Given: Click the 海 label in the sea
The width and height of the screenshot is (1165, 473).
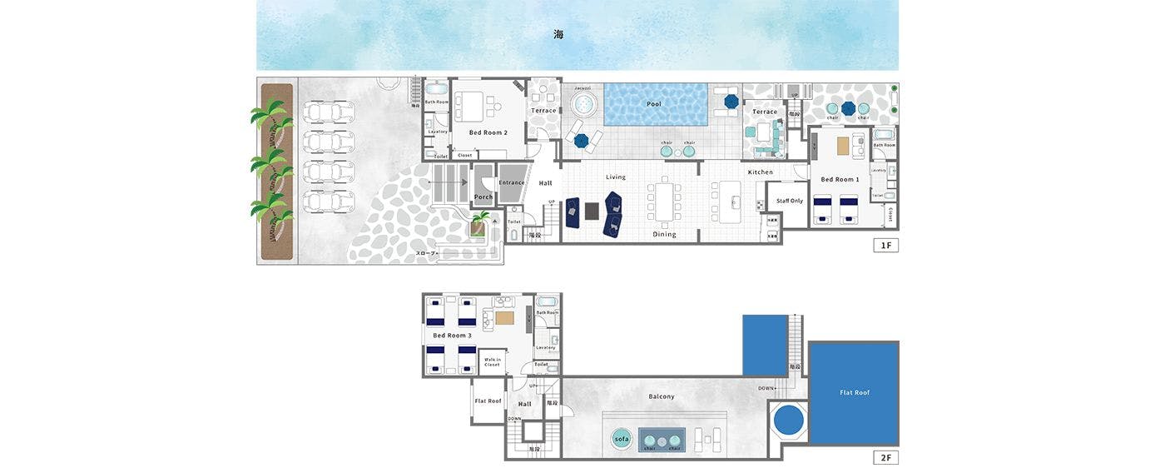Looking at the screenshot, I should pos(558,34).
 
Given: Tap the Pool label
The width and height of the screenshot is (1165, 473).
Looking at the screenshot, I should pos(654,105).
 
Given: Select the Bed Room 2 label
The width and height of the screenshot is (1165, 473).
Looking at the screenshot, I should pos(488,132).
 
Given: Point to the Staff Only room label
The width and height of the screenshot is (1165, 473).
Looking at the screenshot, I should pos(789,201).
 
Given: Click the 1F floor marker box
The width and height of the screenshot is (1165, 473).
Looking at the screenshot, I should pos(885,245).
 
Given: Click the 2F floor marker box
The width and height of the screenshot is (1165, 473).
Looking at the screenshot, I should pos(885,457).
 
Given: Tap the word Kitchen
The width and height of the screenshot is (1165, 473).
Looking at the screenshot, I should pos(760,172).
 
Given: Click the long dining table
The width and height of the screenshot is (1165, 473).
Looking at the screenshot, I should pos(665,201).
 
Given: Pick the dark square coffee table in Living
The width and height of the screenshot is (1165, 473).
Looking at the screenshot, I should pos(592,211).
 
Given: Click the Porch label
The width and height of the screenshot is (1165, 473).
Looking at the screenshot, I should pos(483,197).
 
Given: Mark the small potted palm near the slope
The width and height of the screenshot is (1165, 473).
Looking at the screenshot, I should pos(480,223).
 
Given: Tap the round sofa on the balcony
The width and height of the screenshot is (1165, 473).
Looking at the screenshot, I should pos(622,439).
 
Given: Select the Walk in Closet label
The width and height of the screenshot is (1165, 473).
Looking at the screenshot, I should pos(492,362).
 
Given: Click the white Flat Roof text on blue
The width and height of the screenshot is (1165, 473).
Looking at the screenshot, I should pos(855,392).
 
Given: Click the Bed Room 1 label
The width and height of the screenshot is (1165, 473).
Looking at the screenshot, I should pos(840,180).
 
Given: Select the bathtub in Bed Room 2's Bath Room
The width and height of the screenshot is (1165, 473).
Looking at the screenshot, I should pos(436,90).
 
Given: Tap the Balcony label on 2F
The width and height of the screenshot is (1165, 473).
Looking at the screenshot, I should pos(662,396).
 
